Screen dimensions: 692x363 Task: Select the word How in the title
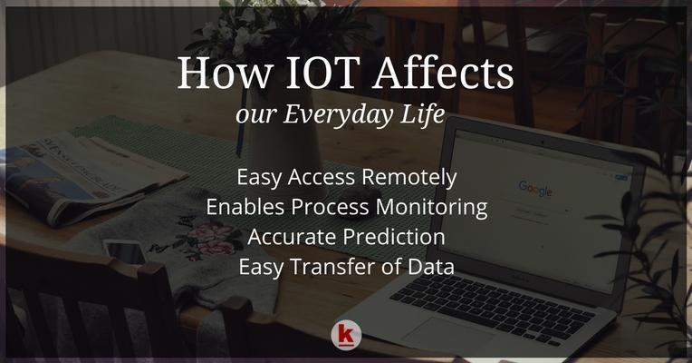224,73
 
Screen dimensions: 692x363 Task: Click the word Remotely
408,178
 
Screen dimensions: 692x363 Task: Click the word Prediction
390,237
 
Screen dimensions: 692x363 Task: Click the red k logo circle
346,335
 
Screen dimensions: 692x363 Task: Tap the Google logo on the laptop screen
535,189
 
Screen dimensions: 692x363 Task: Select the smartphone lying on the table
125,252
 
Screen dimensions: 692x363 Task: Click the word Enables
245,207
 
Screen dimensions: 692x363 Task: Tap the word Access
322,178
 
